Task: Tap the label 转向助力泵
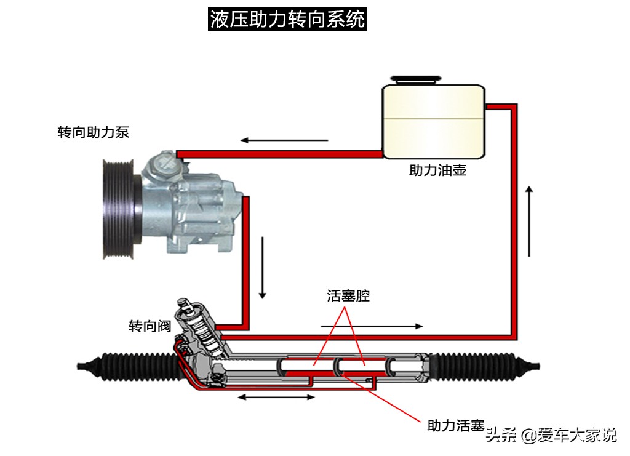point(93,132)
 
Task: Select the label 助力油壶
point(437,170)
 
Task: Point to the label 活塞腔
point(348,295)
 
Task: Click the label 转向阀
point(149,326)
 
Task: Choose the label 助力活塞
point(455,425)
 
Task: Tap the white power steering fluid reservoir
point(433,121)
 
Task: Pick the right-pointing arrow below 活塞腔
point(372,326)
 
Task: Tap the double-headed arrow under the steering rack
point(276,398)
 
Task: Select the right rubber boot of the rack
point(486,364)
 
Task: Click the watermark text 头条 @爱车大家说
point(551,436)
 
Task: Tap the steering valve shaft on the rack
point(196,326)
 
